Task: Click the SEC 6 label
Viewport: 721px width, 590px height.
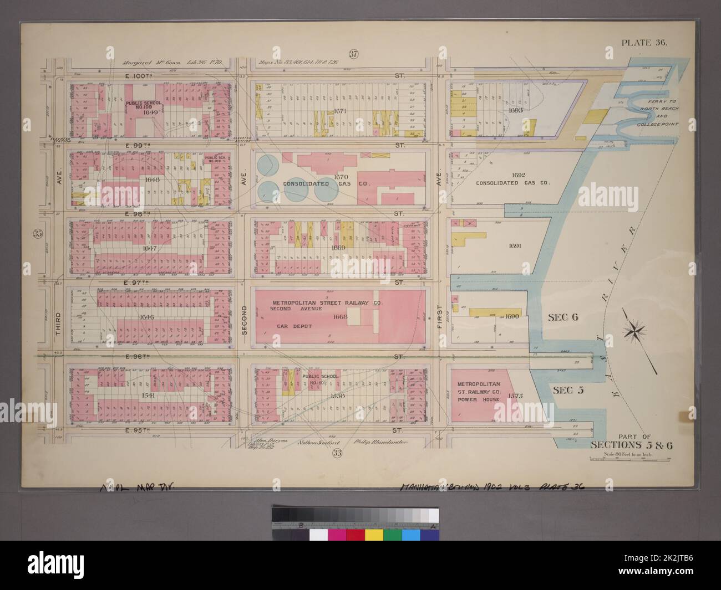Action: [562, 317]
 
